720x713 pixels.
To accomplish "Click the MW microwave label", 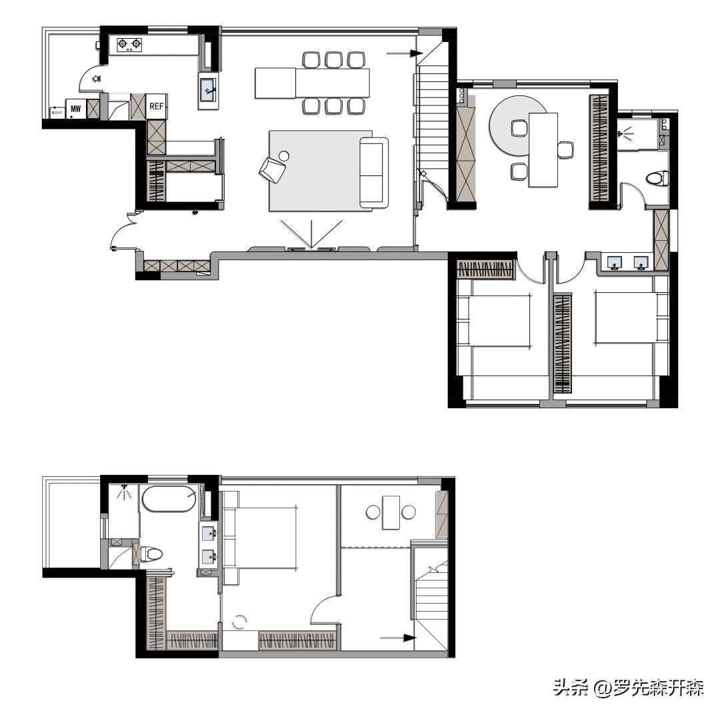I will point(75,108).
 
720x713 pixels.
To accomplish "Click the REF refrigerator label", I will point(156,107).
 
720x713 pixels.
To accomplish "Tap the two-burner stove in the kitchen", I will point(129,45).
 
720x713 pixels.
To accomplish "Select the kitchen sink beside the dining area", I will point(208,89).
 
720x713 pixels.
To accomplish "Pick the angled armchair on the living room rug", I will point(272,168).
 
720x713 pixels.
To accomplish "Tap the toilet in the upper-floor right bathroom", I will point(657,178).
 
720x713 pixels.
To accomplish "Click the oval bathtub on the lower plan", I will point(169,499).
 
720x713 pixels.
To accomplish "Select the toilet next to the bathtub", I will point(151,554).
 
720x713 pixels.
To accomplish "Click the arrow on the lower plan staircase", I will point(402,638).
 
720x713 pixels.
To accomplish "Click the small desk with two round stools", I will point(391,512).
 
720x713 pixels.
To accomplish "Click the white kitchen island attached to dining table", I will point(275,83).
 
